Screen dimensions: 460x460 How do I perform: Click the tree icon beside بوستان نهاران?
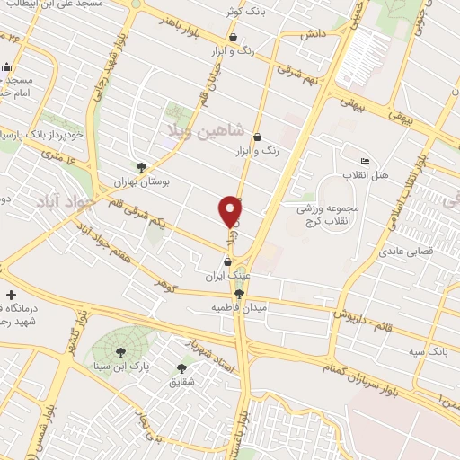(x=141, y=166)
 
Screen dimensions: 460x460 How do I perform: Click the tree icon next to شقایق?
(x=182, y=368)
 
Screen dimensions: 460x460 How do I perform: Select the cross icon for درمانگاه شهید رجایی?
(x=10, y=295)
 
